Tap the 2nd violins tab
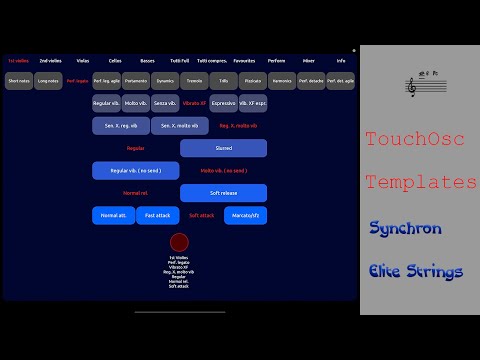(48, 61)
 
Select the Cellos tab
(115, 61)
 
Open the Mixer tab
(309, 61)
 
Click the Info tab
(341, 61)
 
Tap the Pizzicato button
(253, 80)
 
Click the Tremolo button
(194, 80)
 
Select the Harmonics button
(282, 80)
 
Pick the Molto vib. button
(136, 103)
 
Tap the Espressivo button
(224, 103)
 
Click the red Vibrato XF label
(194, 103)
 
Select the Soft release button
(223, 192)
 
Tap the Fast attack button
(157, 215)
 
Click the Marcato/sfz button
(245, 215)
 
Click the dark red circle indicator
(179, 243)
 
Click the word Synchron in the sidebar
(405, 228)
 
